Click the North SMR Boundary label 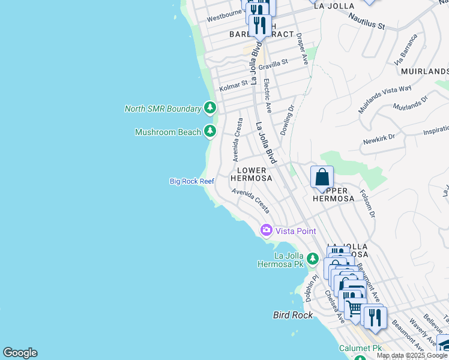(163, 109)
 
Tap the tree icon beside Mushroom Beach (209, 131)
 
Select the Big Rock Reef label (191, 181)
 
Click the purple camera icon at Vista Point (266, 230)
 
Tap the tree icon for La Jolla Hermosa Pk (312, 259)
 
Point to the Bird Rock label (293, 314)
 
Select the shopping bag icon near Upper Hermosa (322, 178)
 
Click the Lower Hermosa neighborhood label (252, 174)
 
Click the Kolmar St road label (234, 85)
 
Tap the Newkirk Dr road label (379, 140)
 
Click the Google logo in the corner (20, 353)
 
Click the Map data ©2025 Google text (412, 355)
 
